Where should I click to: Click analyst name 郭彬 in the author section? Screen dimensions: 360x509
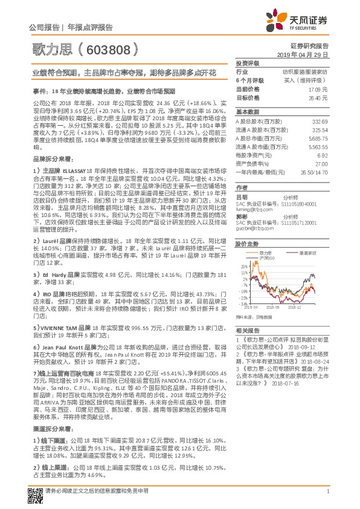[241, 216]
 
